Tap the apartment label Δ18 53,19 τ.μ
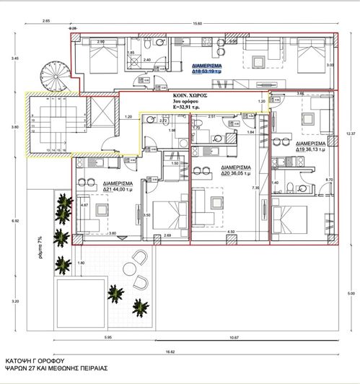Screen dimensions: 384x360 208,70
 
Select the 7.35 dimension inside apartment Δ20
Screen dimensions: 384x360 256,188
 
